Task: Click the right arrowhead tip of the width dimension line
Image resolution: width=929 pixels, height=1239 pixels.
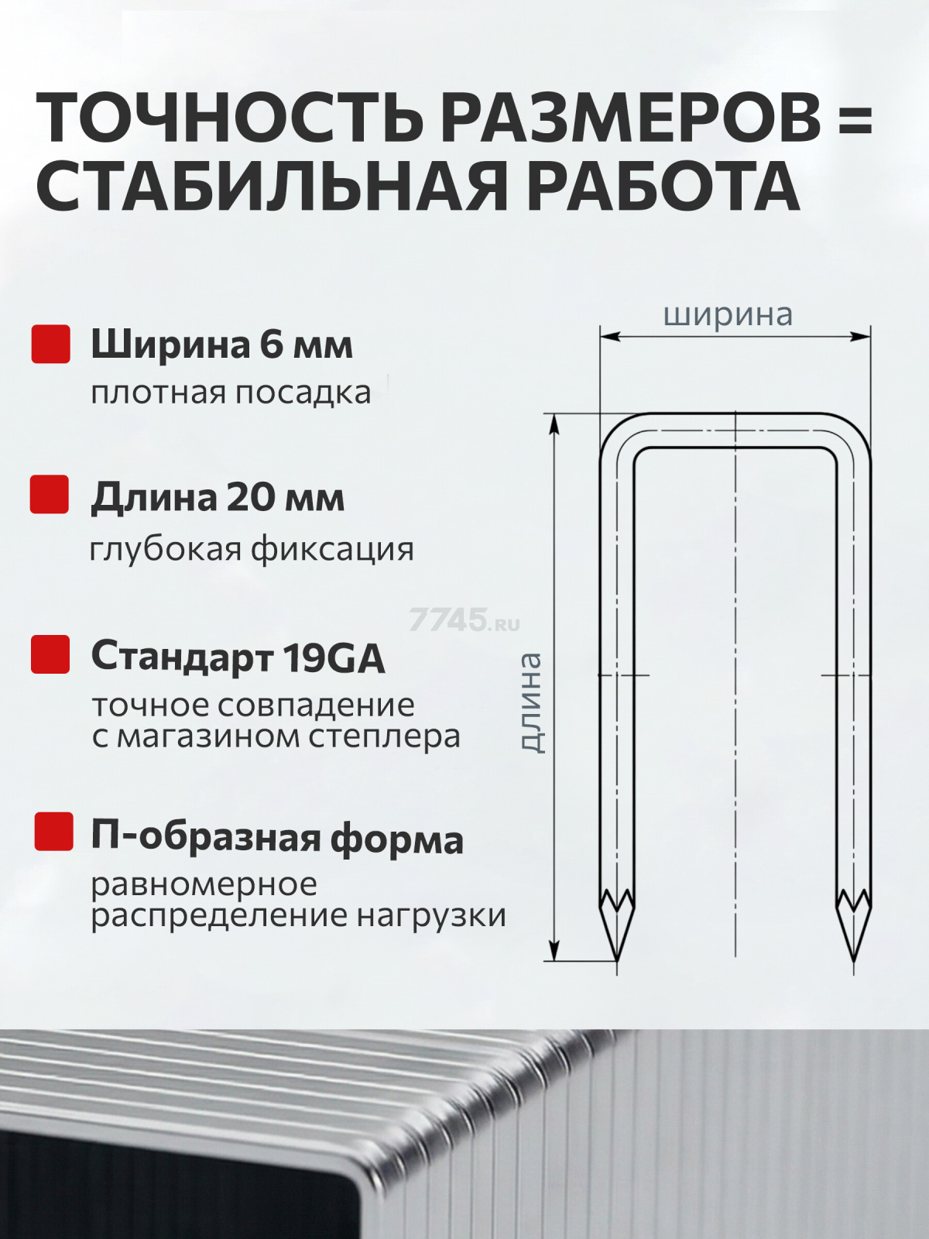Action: [x=870, y=336]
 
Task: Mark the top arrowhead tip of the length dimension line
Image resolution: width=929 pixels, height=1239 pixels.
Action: [x=555, y=414]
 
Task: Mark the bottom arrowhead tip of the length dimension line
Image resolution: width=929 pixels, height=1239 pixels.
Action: [x=555, y=960]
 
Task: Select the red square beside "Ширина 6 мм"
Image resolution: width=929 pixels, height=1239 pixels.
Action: [x=51, y=344]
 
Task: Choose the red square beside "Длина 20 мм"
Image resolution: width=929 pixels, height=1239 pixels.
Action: [x=50, y=494]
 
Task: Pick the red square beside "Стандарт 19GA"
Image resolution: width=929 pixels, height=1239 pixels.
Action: [x=50, y=654]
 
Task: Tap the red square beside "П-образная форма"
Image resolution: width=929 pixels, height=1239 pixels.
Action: [x=53, y=832]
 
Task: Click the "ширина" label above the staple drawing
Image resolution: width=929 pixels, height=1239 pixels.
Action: [x=728, y=315]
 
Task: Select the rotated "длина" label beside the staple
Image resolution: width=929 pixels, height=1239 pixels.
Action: [x=531, y=703]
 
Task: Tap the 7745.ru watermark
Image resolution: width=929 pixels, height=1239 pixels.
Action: [x=464, y=619]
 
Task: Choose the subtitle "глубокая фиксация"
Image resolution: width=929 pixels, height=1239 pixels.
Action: [x=252, y=549]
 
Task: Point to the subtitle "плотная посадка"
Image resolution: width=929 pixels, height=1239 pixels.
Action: [x=231, y=393]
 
